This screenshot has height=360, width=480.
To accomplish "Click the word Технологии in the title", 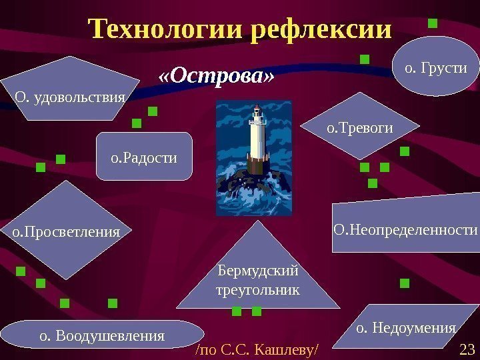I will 167,29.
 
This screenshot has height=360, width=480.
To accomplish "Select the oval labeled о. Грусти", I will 437,67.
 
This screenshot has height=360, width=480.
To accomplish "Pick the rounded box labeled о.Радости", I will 144,157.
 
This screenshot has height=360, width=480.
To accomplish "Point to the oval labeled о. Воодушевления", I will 102,335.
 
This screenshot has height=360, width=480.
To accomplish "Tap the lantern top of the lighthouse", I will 257,117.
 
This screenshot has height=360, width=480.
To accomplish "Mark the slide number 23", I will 466,349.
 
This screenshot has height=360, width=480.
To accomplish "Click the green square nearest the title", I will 432,24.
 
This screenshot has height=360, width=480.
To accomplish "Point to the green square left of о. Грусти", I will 364,60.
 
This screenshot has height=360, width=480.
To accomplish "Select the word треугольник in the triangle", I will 259,291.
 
